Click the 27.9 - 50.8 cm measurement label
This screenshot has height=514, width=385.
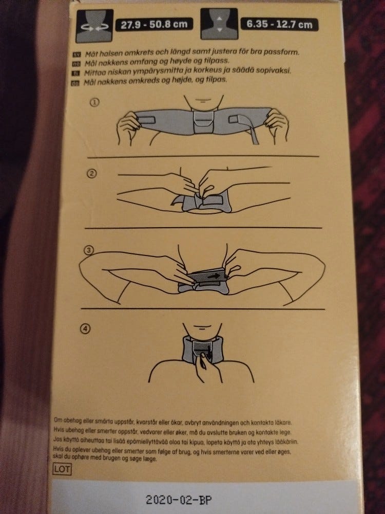(x=154, y=25)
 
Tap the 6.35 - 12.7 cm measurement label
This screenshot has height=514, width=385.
(x=279, y=25)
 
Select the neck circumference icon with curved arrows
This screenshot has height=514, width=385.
(x=94, y=26)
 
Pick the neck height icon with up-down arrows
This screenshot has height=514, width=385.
(x=219, y=24)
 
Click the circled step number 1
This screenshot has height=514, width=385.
(x=94, y=103)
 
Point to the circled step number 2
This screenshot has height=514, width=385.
(x=92, y=173)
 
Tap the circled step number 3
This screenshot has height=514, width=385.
(x=89, y=251)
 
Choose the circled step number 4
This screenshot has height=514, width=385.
(x=85, y=329)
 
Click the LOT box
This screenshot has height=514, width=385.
(x=62, y=469)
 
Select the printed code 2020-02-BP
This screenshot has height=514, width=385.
(x=179, y=500)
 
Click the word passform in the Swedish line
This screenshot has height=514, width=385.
(x=283, y=52)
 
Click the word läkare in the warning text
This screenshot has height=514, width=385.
(x=283, y=423)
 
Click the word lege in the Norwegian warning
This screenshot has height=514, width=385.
(x=285, y=432)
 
